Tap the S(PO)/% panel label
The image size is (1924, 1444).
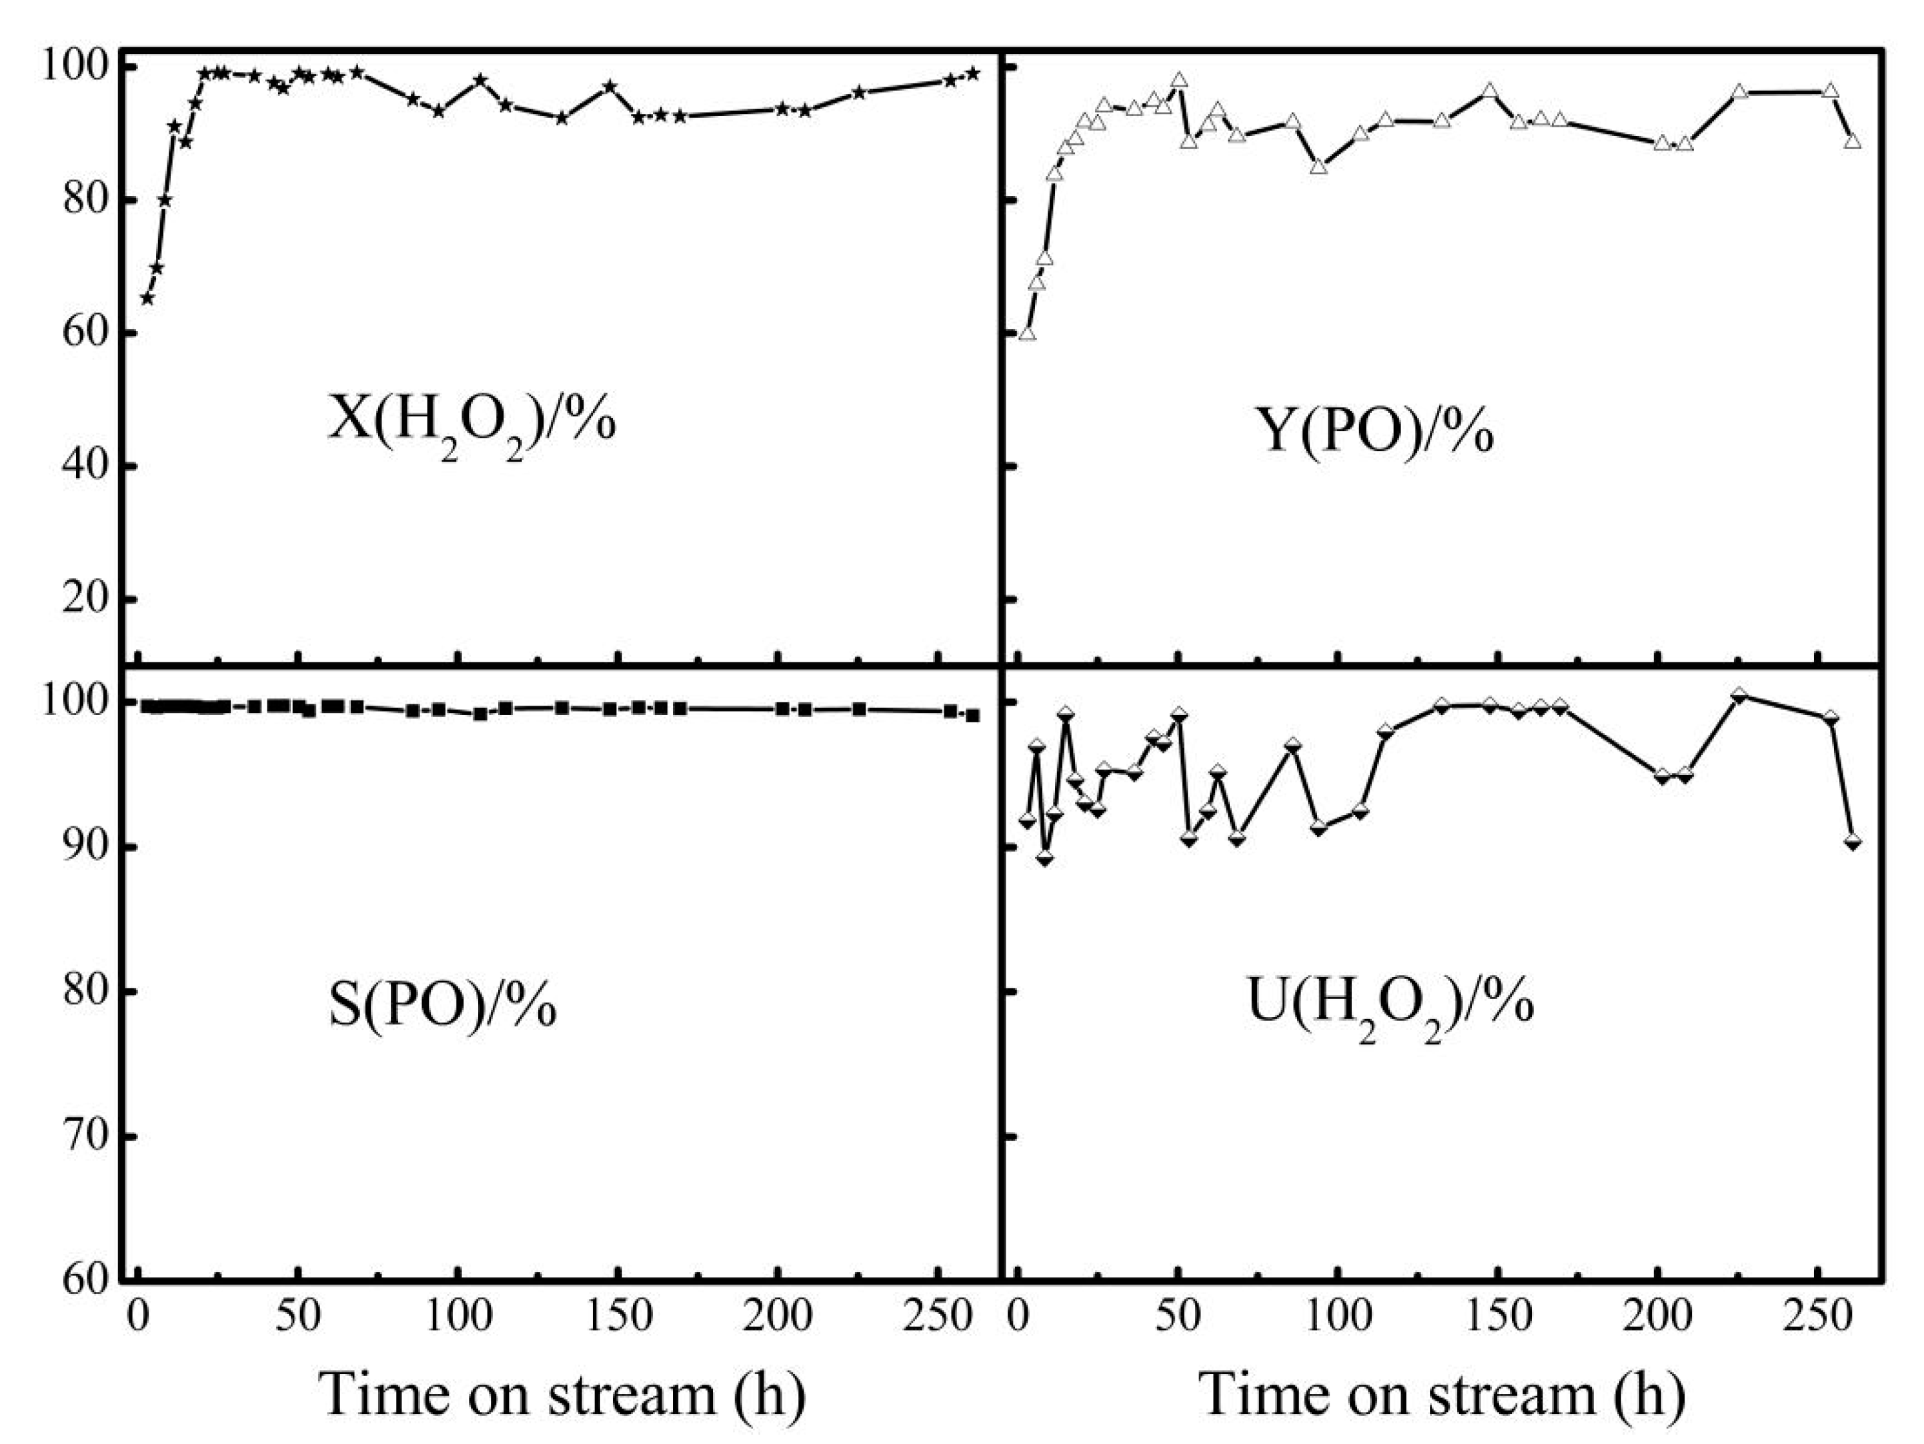pyautogui.click(x=443, y=1004)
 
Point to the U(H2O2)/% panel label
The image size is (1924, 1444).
pyautogui.click(x=1389, y=1004)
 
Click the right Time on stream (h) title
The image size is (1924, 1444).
pyautogui.click(x=1442, y=1393)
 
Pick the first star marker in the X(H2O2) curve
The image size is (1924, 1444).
pyautogui.click(x=147, y=298)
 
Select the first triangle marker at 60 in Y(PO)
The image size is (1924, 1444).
pyautogui.click(x=1027, y=333)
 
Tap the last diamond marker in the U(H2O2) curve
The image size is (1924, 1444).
pyautogui.click(x=1853, y=841)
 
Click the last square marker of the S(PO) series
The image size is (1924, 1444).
pyautogui.click(x=973, y=716)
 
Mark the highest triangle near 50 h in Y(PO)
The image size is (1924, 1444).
pyautogui.click(x=1180, y=80)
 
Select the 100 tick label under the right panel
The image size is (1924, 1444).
pyautogui.click(x=1337, y=1316)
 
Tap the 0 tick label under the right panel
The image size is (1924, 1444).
pyautogui.click(x=1018, y=1316)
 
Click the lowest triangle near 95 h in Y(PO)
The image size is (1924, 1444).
pyautogui.click(x=1318, y=166)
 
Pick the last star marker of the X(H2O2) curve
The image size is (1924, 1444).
pyautogui.click(x=973, y=74)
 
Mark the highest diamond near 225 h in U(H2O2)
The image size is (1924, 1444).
pyautogui.click(x=1739, y=695)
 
